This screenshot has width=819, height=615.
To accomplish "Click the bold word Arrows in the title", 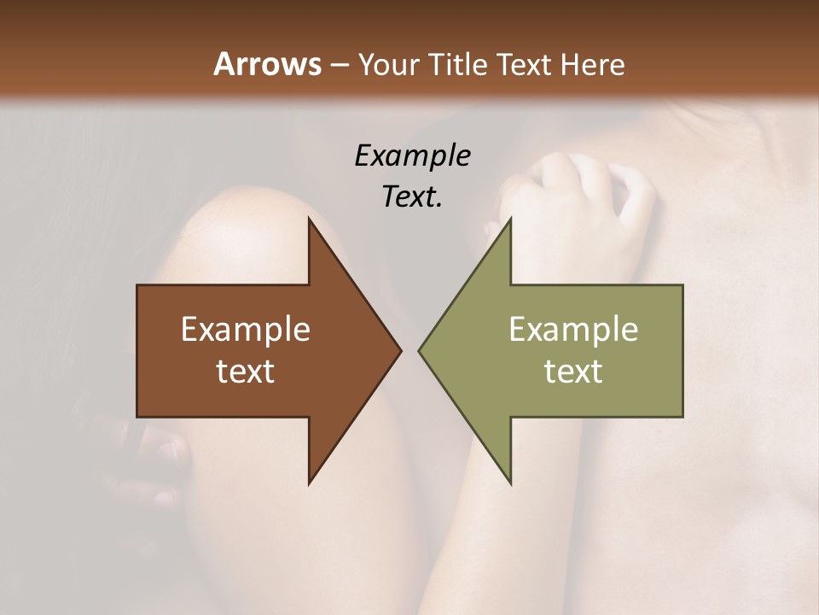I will [267, 64].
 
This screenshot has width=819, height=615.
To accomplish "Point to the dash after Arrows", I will [339, 65].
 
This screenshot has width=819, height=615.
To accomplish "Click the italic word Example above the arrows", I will [412, 155].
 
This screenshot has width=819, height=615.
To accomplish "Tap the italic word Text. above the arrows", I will [412, 196].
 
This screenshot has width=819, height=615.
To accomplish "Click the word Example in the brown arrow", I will [245, 329].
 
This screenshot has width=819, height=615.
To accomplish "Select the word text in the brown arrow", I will [245, 371].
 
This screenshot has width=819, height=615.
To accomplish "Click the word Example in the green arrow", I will [573, 329].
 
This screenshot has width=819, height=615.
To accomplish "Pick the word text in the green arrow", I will [573, 371].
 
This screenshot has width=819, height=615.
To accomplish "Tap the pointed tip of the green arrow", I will [420, 350].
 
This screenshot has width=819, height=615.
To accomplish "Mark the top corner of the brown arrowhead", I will [310, 220].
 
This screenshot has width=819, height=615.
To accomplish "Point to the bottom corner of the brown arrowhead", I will [310, 483].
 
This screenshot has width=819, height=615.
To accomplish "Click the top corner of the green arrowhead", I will [510, 220].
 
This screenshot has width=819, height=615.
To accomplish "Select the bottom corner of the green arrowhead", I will [510, 483].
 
